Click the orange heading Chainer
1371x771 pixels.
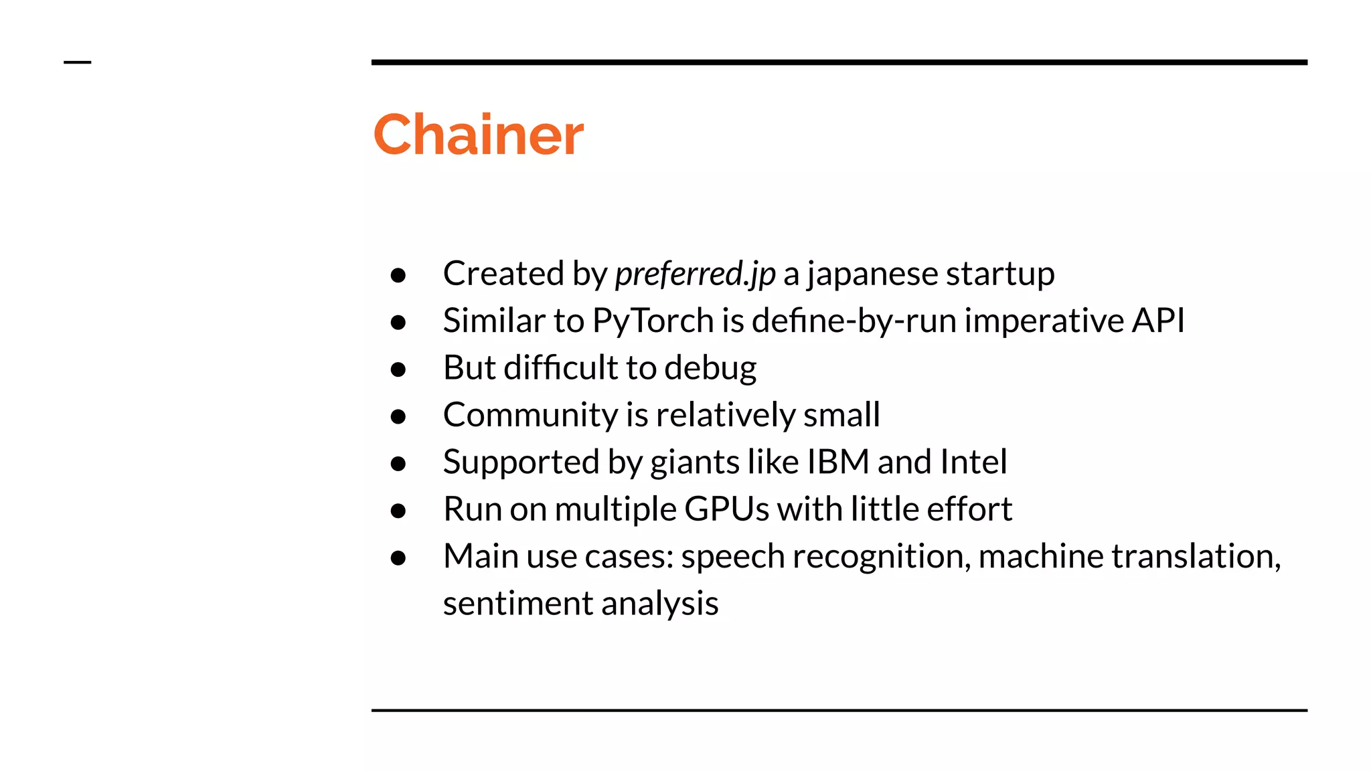[478, 135]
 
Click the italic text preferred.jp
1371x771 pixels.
[695, 274]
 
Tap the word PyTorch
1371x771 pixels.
[653, 321]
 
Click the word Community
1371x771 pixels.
[530, 415]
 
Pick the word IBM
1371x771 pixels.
[837, 462]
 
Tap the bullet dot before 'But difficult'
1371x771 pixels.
[398, 369]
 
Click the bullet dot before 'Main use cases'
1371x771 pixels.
[398, 558]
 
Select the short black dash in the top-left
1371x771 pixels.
[77, 62]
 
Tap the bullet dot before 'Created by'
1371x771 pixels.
[398, 275]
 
